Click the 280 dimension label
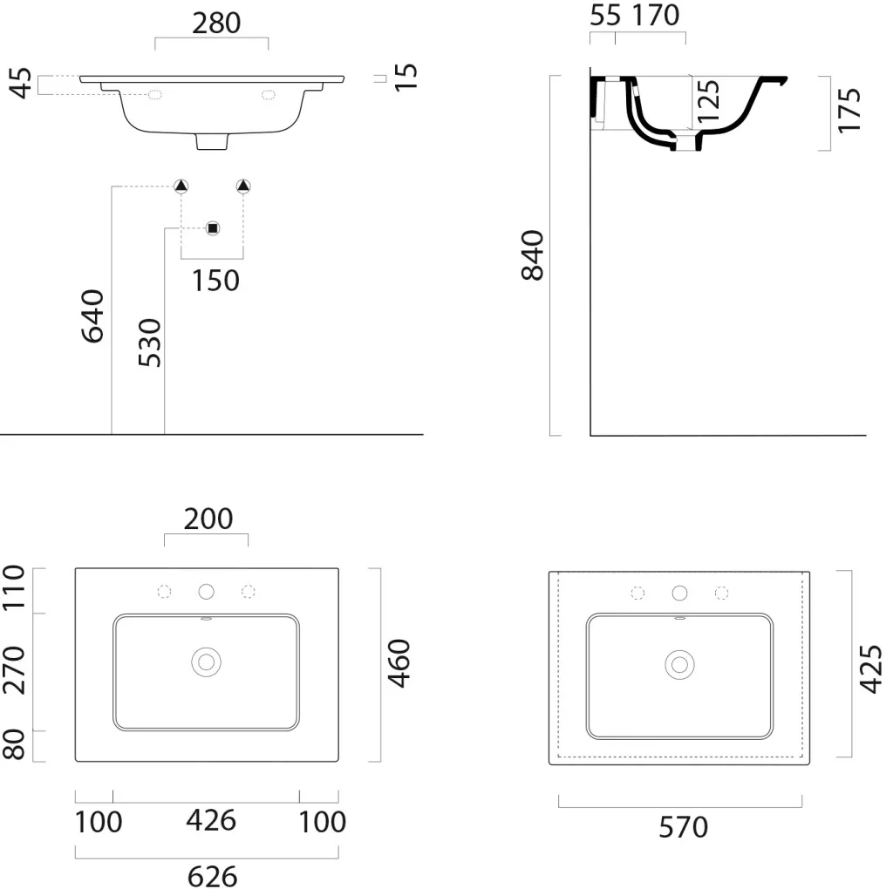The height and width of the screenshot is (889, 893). point(216,24)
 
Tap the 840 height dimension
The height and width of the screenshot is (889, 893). point(533,255)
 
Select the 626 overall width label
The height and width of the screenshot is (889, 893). point(213,877)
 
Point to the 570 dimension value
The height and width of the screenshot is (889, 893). point(684,827)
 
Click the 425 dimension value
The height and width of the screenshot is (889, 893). point(871,669)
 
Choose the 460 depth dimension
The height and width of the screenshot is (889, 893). point(399,663)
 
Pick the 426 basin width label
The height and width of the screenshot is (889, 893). point(211,821)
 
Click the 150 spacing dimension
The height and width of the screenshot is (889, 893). point(215,281)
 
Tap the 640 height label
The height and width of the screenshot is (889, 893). point(92,316)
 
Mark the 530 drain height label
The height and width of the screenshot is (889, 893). point(150,343)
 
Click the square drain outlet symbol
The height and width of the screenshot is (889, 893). point(213,228)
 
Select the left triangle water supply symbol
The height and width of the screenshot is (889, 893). point(181,186)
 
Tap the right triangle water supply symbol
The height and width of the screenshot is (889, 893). point(243,186)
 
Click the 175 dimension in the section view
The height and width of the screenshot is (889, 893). point(849,111)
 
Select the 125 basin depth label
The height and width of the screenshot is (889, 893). point(708,102)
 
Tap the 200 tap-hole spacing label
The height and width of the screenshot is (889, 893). point(208,519)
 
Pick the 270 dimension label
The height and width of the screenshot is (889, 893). point(14,670)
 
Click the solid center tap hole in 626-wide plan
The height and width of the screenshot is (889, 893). point(206,592)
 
